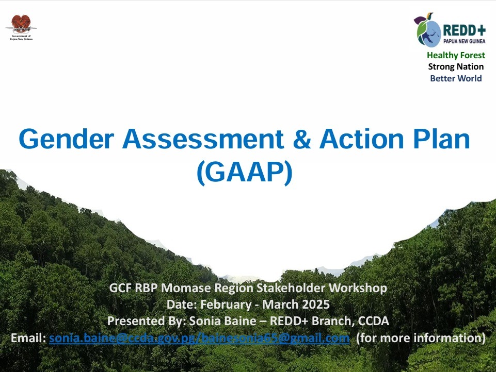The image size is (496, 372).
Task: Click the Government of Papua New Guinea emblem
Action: coord(21,24)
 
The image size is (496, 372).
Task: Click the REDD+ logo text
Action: coord(463,30)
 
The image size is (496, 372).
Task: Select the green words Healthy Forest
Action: coord(456,55)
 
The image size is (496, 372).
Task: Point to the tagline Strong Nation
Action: coord(456,66)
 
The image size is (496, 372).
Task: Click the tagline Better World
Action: coord(456,78)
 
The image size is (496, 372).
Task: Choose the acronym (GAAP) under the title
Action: coord(244,174)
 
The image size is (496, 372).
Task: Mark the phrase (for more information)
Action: coord(420,339)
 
